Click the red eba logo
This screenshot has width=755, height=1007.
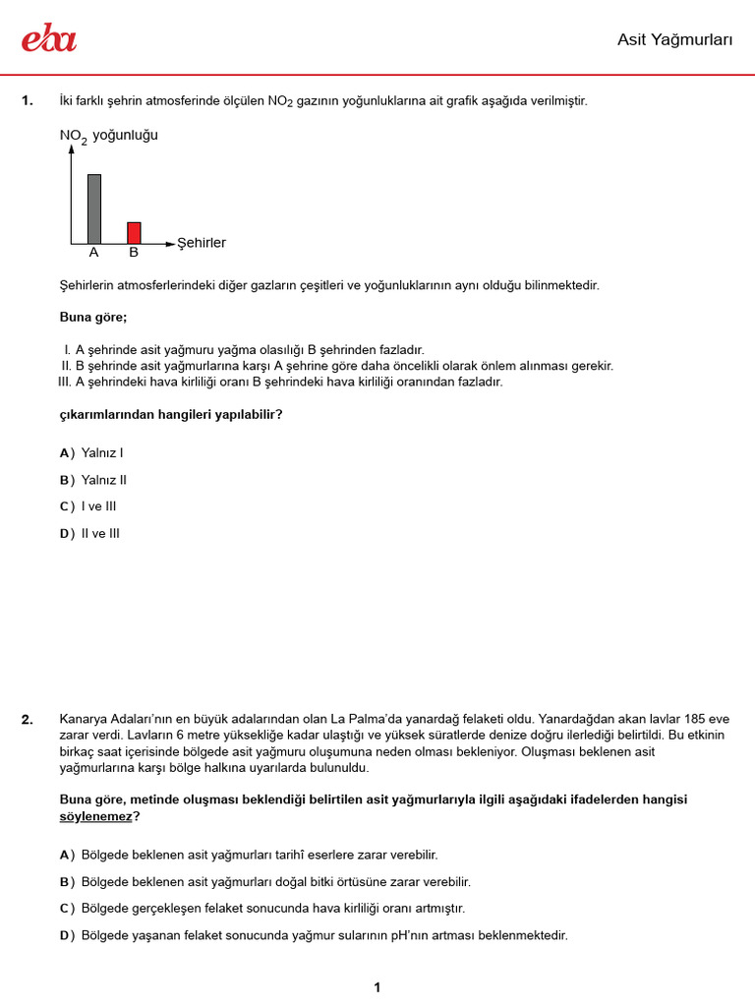[49, 38]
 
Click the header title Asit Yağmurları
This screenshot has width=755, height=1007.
[675, 39]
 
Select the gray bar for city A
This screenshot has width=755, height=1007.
[94, 208]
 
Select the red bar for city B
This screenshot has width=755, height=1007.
[134, 232]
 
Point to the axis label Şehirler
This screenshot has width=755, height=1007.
[202, 243]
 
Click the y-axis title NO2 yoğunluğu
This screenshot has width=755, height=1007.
[108, 136]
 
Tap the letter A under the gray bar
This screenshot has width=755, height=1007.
[94, 253]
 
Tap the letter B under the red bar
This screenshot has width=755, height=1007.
[134, 253]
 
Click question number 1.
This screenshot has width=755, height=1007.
[28, 101]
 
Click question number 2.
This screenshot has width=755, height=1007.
[28, 720]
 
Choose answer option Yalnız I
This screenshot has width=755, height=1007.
[102, 453]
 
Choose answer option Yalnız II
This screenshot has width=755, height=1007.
[104, 480]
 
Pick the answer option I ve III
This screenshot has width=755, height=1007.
[99, 506]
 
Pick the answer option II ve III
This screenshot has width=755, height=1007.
[101, 533]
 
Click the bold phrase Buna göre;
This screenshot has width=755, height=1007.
[93, 318]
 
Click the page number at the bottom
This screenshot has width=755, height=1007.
[377, 987]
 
